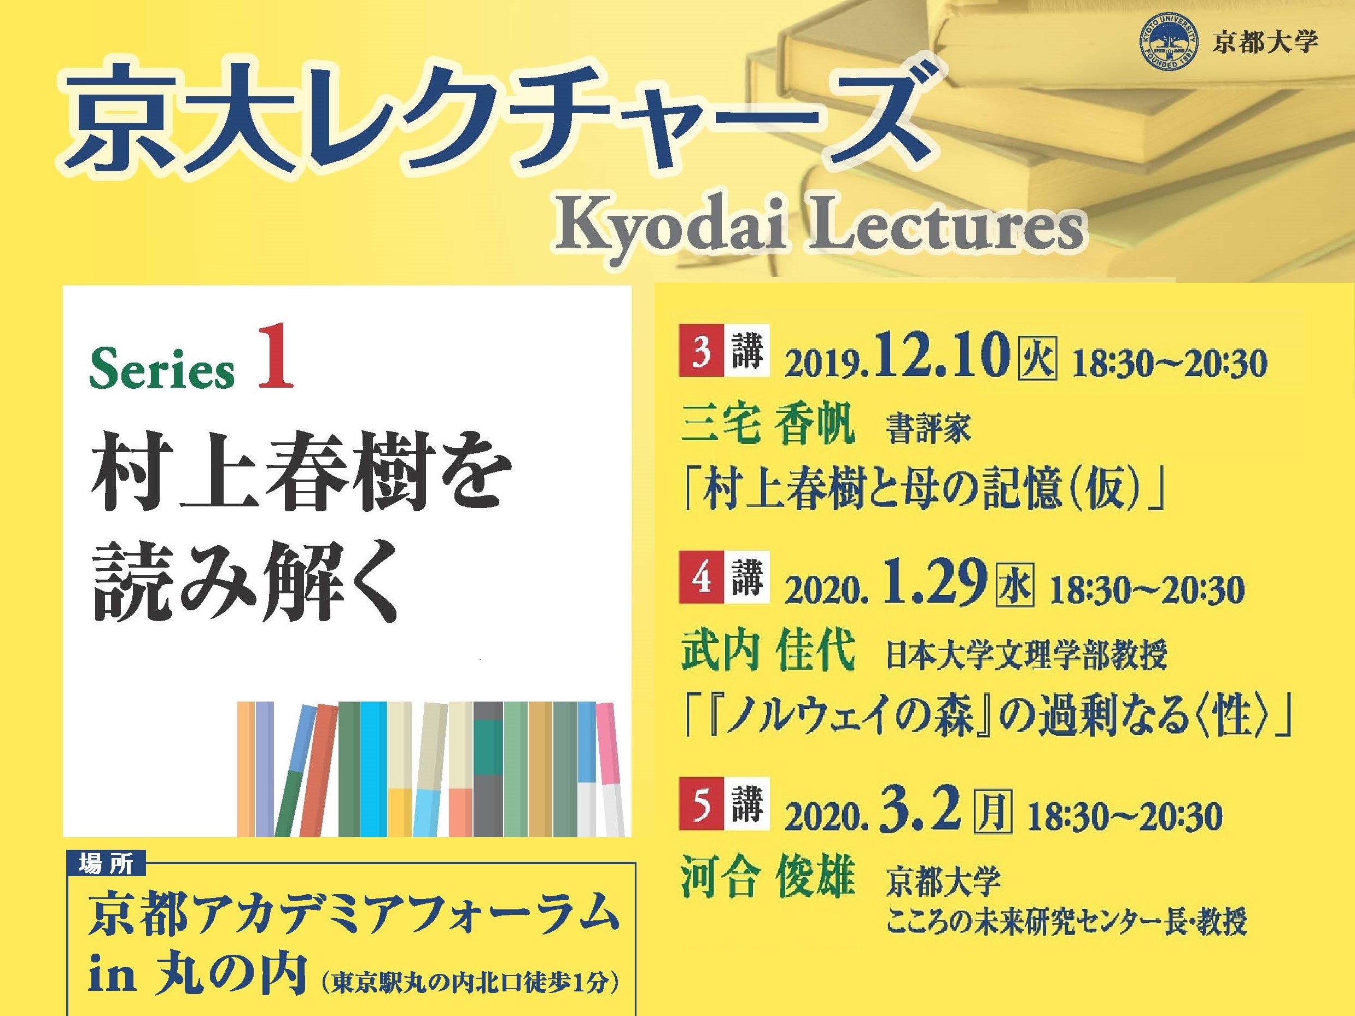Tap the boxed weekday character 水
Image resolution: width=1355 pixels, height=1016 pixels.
(x=1015, y=584)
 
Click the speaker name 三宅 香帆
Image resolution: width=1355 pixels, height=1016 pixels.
(x=767, y=426)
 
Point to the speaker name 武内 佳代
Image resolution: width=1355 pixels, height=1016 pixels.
(x=767, y=652)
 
